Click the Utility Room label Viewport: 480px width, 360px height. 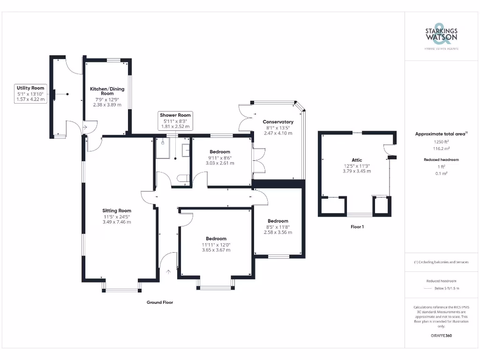[x=30, y=88]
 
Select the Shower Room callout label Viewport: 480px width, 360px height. [x=175, y=115]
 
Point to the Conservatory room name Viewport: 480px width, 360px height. [x=278, y=122]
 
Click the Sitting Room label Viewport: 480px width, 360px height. [x=117, y=210]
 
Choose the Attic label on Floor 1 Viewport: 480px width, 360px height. [x=357, y=160]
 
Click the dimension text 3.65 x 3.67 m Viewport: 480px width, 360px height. [x=216, y=250]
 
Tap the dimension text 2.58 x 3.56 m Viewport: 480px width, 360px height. [x=278, y=232]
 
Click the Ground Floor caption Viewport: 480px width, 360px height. [x=160, y=302]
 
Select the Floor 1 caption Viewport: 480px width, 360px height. [x=357, y=227]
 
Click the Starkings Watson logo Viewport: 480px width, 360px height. [x=441, y=36]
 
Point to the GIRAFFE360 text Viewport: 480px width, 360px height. [x=441, y=336]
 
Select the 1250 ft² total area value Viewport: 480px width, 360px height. [x=441, y=142]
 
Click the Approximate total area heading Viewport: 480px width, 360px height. [x=441, y=134]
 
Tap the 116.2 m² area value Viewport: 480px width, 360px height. [x=441, y=148]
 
